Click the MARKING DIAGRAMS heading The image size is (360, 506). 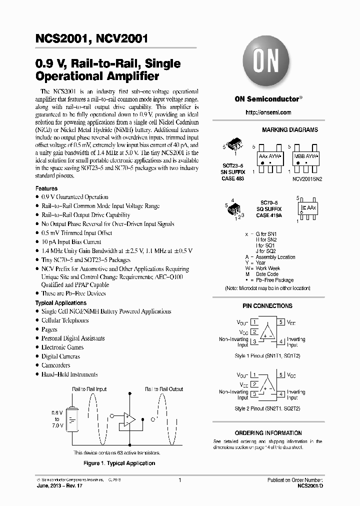point(289,129)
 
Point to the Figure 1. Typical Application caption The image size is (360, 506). point(119,463)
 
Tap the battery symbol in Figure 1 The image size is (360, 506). point(74,418)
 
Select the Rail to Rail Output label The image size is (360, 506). point(164,389)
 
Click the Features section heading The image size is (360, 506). point(46,188)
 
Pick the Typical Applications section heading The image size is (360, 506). point(60,303)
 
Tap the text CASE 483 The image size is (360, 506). point(233,178)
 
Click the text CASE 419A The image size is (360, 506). point(270,215)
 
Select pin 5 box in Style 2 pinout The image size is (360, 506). point(281,374)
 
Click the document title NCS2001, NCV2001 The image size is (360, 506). point(91,39)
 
